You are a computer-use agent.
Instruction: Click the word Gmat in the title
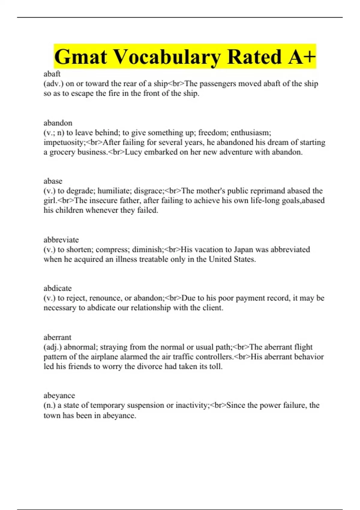[x=80, y=57]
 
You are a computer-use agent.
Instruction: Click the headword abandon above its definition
[x=58, y=123]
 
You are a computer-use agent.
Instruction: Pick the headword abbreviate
[x=61, y=240]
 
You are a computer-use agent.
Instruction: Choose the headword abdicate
[x=58, y=288]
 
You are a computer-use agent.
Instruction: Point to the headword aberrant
[x=57, y=337]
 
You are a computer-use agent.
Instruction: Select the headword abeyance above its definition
[x=59, y=395]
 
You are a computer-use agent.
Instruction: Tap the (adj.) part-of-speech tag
[x=53, y=347]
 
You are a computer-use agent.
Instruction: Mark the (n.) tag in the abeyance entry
[x=49, y=405]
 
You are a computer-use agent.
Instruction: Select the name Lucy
[x=133, y=152]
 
